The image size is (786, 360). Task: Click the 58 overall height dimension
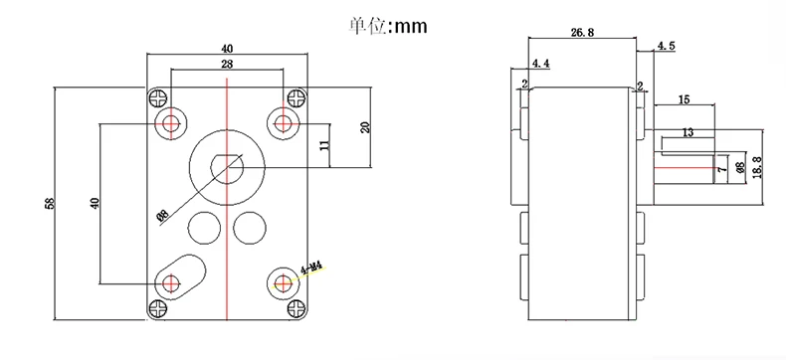tap(49, 203)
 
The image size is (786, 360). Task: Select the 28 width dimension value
tap(227, 64)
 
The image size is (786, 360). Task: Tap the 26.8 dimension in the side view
tap(582, 33)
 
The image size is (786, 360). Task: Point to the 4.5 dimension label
tap(667, 46)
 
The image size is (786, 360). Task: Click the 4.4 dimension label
tap(541, 64)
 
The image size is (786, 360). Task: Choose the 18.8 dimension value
tap(757, 167)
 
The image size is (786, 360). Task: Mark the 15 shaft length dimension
tap(684, 99)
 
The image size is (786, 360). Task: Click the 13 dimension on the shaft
tap(688, 132)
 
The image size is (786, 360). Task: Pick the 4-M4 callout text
tap(310, 269)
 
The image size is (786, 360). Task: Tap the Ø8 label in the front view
tap(163, 216)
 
